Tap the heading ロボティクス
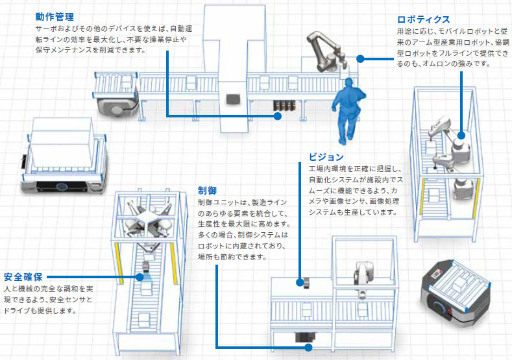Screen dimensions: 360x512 [x=423, y=19]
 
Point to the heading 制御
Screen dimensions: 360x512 [x=207, y=191]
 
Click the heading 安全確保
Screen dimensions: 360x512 [x=24, y=276]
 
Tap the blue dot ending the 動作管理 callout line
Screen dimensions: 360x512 [x=277, y=116]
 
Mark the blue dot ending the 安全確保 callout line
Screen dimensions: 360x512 [x=140, y=276]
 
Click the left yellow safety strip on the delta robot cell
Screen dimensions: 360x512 [x=118, y=259]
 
